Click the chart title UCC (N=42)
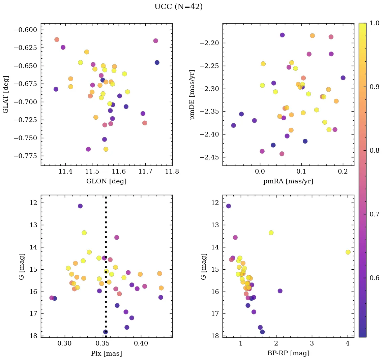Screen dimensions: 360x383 pos(178,7)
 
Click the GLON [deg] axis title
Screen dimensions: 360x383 pos(106,181)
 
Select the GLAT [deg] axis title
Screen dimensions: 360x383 pos(6,94)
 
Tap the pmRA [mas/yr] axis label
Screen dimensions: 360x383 pos(288,181)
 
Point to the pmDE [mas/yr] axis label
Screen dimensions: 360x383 pos(193,94)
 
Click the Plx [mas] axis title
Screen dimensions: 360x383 pos(106,353)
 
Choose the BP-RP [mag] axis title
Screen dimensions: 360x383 pos(288,353)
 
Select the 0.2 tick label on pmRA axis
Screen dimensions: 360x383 pos(343,172)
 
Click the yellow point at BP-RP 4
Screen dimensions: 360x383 pos(348,252)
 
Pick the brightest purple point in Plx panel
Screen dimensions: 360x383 pos(80,206)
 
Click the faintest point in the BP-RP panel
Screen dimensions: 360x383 pos(262,332)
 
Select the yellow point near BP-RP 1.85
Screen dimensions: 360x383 pos(271,233)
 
